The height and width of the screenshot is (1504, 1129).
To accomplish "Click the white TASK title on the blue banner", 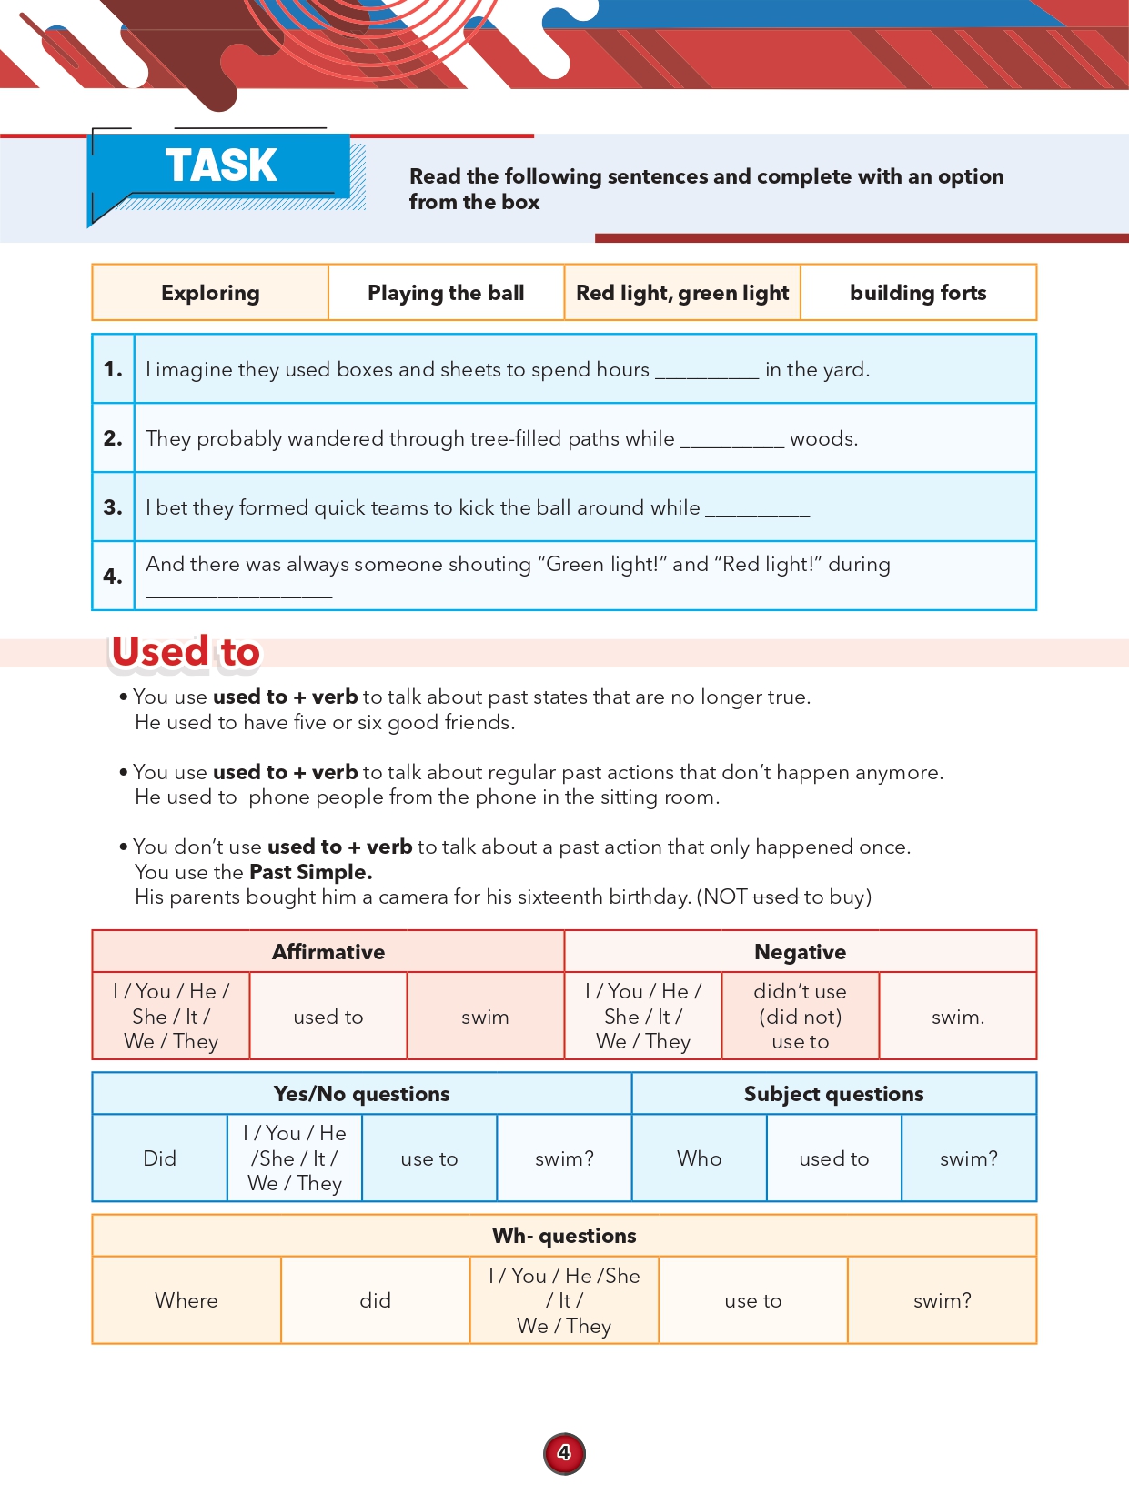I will pos(221,165).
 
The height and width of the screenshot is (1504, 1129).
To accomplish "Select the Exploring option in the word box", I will pos(210,293).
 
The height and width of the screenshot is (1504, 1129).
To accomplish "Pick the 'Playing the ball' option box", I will pos(446,293).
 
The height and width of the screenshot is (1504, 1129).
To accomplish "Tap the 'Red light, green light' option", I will pos(682,293).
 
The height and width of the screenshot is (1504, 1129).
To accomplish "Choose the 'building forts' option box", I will pos(918,293).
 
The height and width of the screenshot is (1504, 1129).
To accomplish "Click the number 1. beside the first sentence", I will pos(113,369).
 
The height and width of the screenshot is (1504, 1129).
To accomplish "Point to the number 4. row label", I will pos(113,576).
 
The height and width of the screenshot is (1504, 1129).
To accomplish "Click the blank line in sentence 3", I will pos(757,510).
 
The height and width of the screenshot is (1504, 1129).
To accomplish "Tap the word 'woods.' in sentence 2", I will pos(823,439).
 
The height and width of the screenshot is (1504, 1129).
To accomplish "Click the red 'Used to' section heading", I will pos(186,652).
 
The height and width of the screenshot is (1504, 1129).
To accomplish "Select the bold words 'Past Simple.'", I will pos(310,872).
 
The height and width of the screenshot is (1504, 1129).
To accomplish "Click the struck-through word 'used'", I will pos(775,897).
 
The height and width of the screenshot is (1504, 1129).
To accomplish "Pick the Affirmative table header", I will pos(328,952).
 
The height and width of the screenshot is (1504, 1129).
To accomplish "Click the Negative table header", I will pos(800,952).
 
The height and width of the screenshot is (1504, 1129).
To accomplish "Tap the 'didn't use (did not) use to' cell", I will pos(800,1017).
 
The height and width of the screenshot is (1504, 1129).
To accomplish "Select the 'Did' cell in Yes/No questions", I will pos(159,1158).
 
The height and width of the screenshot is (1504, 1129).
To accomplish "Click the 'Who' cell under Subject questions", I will pos(699,1158).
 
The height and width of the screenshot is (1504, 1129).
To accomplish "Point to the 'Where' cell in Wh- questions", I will pos(186,1300).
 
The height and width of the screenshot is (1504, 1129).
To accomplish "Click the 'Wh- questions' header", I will pos(564,1236).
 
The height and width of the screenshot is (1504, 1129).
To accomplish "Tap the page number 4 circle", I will pos(564,1453).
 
